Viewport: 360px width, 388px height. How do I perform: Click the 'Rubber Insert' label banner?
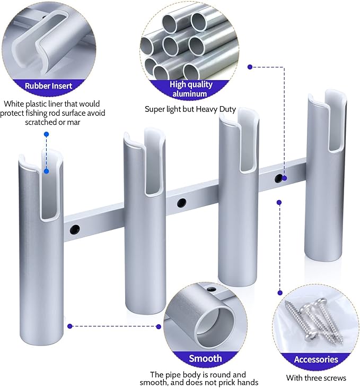click(48, 85)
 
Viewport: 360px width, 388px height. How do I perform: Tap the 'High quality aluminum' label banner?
click(191, 89)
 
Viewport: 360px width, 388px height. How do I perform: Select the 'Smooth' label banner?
click(205, 358)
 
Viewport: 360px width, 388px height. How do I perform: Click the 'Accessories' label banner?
click(316, 359)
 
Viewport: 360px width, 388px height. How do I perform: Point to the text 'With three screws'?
click(316, 378)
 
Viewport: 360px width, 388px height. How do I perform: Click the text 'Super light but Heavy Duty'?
click(190, 109)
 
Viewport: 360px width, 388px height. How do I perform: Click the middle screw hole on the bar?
click(182, 202)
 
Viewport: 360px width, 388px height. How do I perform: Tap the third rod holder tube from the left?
click(238, 212)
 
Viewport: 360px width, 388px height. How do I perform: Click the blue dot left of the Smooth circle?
click(158, 326)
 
